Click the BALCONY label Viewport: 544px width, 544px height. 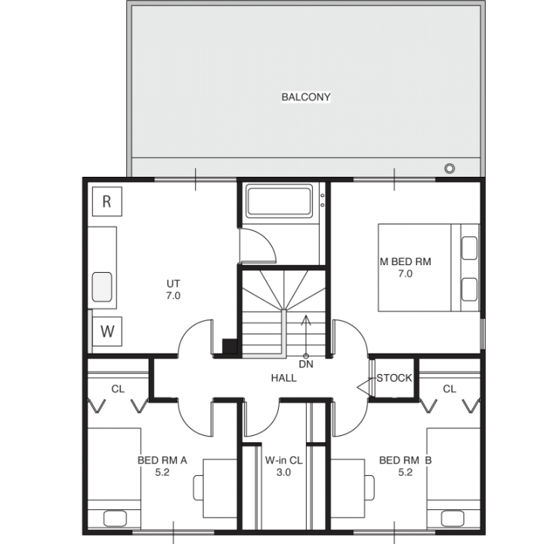tap(306, 97)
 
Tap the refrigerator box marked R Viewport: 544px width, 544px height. tap(107, 202)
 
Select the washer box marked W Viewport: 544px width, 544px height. tap(107, 332)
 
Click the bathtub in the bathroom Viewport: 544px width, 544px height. tap(279, 201)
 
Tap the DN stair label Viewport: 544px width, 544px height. tap(306, 364)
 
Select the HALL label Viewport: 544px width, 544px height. tap(284, 378)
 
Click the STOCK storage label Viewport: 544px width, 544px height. tap(394, 378)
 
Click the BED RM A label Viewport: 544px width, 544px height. tap(162, 460)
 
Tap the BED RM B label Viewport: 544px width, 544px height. tap(405, 460)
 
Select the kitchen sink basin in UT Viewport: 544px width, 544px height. tap(102, 287)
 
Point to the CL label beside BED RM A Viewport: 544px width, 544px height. tap(118, 389)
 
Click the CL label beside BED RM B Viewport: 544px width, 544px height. tap(450, 389)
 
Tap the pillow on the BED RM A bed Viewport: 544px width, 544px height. tap(115, 518)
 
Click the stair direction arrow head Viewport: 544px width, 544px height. tap(306, 320)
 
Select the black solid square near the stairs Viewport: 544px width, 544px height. tap(230, 346)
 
